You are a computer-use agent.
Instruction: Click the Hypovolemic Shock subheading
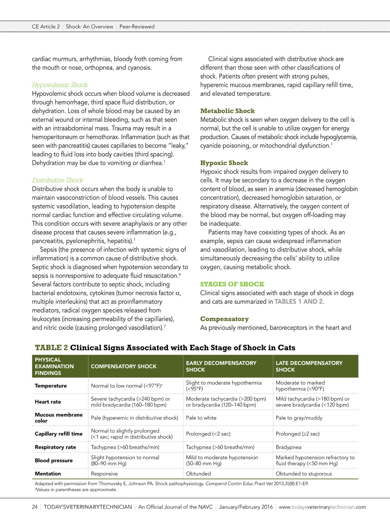pos(60,85)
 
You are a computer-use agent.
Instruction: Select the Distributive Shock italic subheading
pos(58,180)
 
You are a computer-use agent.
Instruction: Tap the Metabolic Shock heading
pos(227,111)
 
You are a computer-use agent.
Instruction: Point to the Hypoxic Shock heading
pos(224,163)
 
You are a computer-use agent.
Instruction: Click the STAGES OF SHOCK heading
pos(232,284)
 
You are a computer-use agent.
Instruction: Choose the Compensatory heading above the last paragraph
pos(224,319)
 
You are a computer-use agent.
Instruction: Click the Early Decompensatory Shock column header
pos(221,366)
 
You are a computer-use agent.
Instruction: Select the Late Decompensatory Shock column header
pos(309,366)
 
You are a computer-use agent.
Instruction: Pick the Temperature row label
pos(51,386)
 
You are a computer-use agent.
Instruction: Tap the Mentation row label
pos(48,474)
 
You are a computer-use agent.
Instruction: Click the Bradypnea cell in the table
pos(288,447)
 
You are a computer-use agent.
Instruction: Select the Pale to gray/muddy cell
pos(299,418)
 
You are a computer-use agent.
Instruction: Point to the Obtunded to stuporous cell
pos(304,474)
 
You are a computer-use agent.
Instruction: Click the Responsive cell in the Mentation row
pos(104,474)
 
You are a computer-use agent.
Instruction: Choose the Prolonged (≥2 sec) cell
pos(297,434)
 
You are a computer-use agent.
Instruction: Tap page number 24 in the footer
pos(35,507)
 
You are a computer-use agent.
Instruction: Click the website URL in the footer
pos(322,507)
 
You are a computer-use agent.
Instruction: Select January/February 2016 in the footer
pos(246,507)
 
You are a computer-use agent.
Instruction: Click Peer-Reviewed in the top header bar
pos(137,27)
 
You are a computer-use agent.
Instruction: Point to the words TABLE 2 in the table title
pos(51,348)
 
